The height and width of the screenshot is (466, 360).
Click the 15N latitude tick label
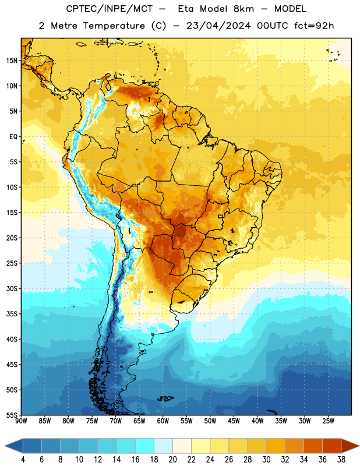pos(12,61)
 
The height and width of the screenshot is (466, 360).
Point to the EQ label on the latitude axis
pos(13,137)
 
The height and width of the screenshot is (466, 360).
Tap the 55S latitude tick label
pos(12,415)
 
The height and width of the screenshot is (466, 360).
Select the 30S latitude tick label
pos(12,288)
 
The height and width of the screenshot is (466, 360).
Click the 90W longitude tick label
pos(21,421)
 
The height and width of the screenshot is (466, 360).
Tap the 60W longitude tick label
pos(163,421)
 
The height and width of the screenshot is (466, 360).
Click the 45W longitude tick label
pos(234,421)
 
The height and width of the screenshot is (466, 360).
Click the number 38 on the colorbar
pos(341,460)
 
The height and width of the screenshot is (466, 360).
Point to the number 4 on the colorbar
pos(23,460)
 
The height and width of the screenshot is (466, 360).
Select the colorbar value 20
pos(172,460)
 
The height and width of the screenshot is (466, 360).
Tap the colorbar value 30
pos(266,460)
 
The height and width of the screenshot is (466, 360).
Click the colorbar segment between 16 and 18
pos(145,446)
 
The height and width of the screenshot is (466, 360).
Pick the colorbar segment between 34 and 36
pos(313,446)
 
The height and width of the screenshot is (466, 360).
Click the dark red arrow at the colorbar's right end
pos(350,446)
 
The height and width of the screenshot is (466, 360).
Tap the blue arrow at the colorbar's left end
pos(14,446)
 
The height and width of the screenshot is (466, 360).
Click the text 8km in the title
pos(243,9)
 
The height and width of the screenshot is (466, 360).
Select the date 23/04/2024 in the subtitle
pos(218,26)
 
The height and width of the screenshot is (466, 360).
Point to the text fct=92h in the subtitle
pos(314,26)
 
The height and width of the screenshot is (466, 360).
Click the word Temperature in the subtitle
pos(114,26)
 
